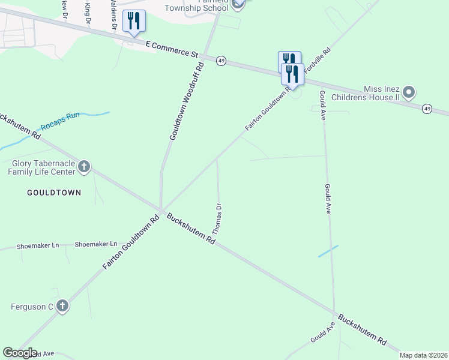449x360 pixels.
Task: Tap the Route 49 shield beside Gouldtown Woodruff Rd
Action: [221, 62]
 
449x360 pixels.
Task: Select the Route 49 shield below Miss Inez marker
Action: [427, 109]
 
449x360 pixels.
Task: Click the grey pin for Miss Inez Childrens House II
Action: [409, 93]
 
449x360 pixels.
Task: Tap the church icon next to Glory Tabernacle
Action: [84, 167]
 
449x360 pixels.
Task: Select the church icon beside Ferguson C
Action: [62, 307]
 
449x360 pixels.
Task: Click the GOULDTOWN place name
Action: [54, 193]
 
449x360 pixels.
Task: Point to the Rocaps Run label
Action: [60, 122]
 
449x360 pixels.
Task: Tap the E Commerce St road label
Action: [172, 49]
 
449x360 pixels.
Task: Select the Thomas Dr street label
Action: [217, 218]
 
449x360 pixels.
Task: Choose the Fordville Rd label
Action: [318, 61]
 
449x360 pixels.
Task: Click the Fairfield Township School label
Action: [199, 6]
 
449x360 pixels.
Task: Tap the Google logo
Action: [20, 353]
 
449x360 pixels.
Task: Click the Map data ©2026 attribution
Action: [423, 355]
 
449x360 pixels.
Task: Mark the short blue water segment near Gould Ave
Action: [328, 251]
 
